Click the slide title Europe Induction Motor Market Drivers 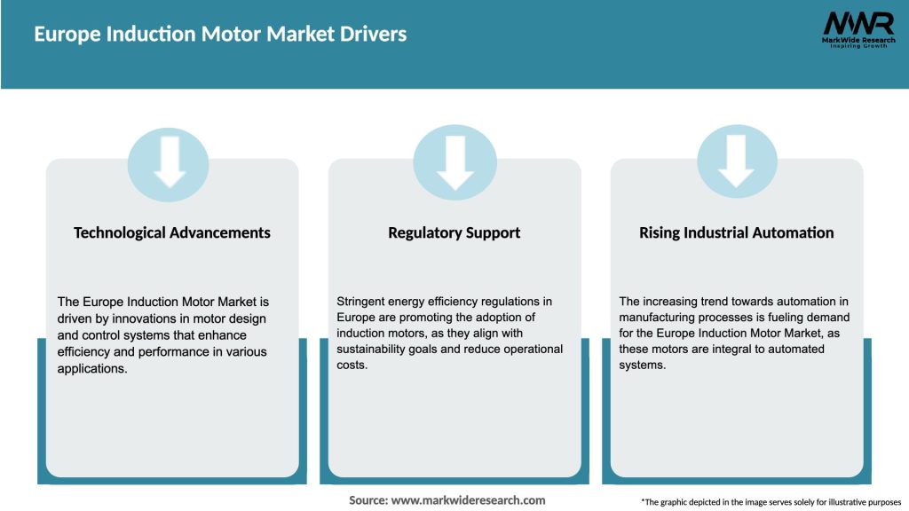tap(220, 35)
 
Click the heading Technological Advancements tap(172, 232)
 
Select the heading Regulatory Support tap(454, 232)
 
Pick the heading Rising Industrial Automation tap(736, 232)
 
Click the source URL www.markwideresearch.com tap(468, 500)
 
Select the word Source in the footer tap(368, 500)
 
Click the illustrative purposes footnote tap(771, 502)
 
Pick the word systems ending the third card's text tap(641, 366)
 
